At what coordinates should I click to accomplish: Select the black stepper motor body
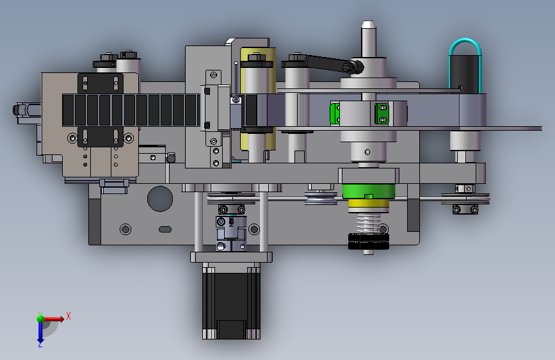click(231, 300)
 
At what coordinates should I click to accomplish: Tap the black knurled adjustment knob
click(369, 241)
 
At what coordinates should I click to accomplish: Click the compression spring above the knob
click(369, 222)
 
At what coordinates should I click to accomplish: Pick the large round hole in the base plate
click(160, 199)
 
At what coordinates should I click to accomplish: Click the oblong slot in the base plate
click(165, 229)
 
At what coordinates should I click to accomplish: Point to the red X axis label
click(68, 316)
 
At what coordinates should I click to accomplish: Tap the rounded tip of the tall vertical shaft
click(369, 22)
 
